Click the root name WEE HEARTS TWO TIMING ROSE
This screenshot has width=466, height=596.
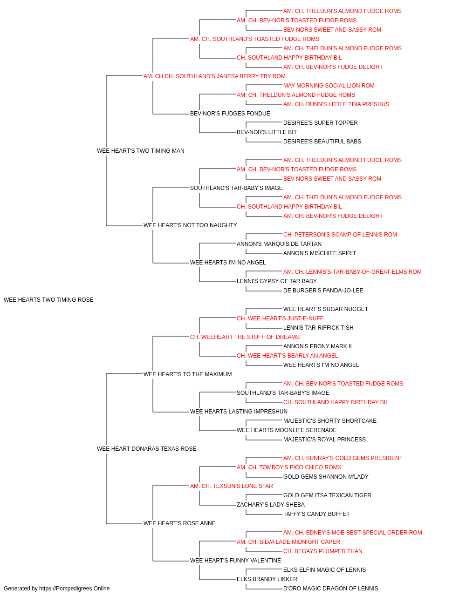(48, 300)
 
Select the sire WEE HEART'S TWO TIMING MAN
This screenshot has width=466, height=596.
(141, 151)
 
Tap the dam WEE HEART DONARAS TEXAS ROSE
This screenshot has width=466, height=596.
(146, 449)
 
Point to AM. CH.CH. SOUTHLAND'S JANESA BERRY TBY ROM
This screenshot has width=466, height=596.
(214, 76)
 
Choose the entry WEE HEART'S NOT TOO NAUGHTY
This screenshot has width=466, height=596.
(190, 225)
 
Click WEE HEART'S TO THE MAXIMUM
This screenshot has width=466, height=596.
(188, 374)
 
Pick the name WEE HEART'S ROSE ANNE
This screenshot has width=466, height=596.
(179, 523)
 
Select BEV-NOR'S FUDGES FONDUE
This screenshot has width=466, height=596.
(230, 114)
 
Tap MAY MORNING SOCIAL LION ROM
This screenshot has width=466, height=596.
(329, 86)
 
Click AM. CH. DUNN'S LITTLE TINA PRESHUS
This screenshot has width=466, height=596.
(336, 104)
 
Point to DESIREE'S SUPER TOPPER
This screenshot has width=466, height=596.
(321, 123)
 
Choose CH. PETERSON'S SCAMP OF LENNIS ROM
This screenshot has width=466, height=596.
(340, 235)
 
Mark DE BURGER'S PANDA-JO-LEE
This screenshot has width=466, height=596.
(323, 291)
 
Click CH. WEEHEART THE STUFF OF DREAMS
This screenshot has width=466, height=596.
(245, 337)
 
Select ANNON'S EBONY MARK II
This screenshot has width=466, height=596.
(317, 346)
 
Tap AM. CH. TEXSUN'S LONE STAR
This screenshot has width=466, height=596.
(231, 486)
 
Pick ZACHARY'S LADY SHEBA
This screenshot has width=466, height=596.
(271, 505)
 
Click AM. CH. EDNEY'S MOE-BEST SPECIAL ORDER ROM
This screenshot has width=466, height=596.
(353, 533)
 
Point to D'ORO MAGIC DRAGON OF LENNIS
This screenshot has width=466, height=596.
(331, 589)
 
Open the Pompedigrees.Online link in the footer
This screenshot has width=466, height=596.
(75, 589)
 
